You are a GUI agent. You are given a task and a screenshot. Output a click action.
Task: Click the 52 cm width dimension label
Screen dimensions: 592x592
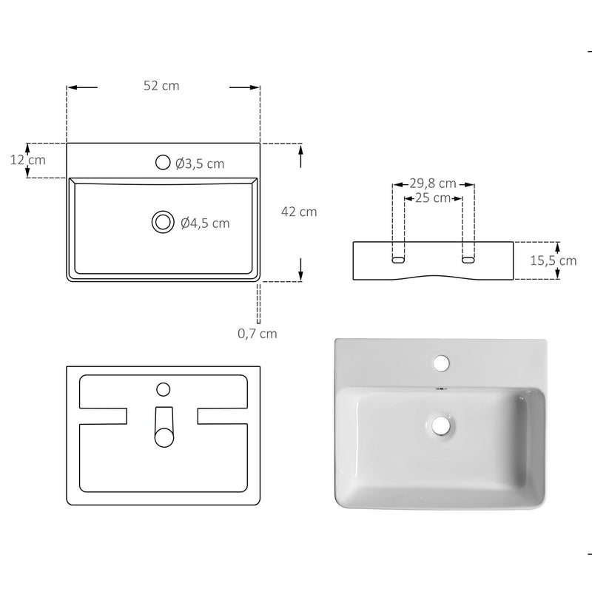[x=161, y=86]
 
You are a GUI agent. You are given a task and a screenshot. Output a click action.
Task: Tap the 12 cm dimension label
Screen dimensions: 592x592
[x=28, y=160]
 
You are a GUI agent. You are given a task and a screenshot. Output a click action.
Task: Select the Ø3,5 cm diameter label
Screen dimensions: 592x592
[x=200, y=164]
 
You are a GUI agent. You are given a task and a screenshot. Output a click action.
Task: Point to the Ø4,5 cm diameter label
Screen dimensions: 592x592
[x=205, y=223]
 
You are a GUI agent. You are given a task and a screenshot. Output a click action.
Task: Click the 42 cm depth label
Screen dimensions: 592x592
[x=299, y=212]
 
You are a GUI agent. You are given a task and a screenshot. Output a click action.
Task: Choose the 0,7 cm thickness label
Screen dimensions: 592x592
[x=258, y=334]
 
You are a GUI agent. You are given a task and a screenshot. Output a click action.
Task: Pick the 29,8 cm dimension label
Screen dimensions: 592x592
[x=433, y=184]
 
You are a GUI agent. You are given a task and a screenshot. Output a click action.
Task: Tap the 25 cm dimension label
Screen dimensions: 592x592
[x=433, y=198]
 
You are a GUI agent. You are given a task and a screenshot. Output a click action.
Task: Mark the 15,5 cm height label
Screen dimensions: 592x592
[x=554, y=260]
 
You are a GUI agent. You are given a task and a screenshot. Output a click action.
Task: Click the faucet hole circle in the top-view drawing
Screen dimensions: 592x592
[x=163, y=162]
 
